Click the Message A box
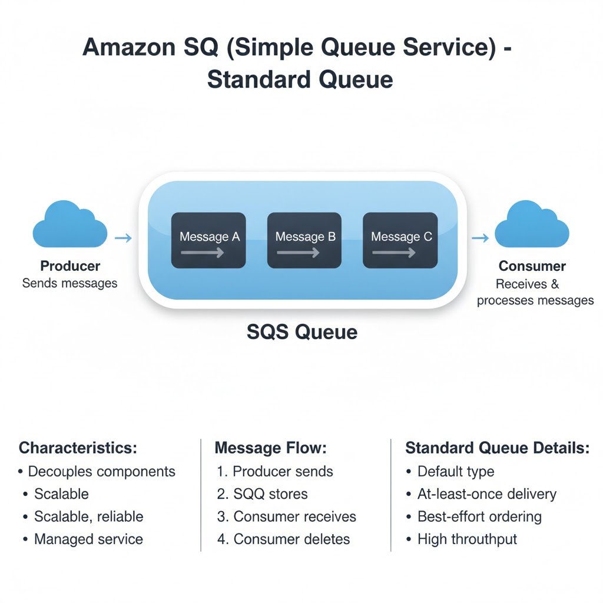[x=208, y=240]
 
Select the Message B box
[x=304, y=240]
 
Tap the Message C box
[x=400, y=240]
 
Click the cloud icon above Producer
[x=70, y=224]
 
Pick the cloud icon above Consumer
[x=532, y=224]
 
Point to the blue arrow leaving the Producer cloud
[x=124, y=238]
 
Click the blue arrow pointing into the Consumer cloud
[x=481, y=238]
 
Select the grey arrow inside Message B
[x=298, y=253]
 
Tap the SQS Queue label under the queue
[x=302, y=332]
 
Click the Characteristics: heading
[x=78, y=448]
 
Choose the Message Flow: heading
[x=271, y=448]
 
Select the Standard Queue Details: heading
[x=498, y=448]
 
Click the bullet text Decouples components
[x=101, y=472]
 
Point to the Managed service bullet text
[x=88, y=539]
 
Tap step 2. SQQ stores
[x=262, y=494]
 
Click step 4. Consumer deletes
[x=283, y=539]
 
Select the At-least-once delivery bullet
[x=487, y=494]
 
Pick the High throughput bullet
[x=467, y=539]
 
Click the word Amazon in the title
[x=129, y=47]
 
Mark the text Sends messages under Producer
[x=69, y=283]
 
